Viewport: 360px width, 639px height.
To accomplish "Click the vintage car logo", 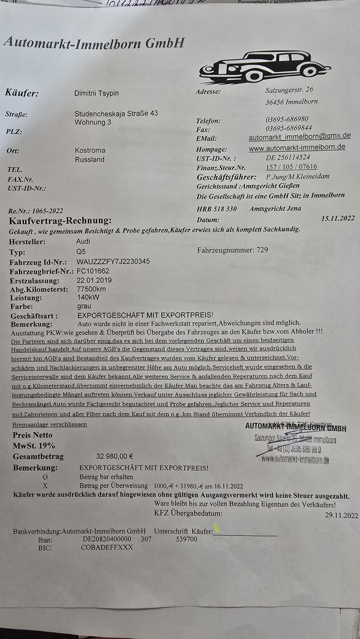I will (265, 67).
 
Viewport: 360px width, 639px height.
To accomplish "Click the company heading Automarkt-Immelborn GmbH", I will (94, 43).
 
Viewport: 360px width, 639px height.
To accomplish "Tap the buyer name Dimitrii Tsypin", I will (96, 93).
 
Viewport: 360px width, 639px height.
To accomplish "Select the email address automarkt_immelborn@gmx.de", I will (300, 136).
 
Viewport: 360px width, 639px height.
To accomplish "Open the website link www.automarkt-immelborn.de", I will (297, 148).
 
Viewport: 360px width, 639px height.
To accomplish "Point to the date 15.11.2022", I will (338, 218).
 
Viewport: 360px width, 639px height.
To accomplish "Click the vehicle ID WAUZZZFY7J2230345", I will (113, 262).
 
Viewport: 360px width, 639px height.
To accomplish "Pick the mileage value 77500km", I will (91, 289).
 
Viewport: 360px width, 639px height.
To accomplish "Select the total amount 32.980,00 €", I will (114, 456).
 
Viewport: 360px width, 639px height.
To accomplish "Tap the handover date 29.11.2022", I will (342, 515).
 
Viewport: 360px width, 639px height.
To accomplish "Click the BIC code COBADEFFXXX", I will (107, 547).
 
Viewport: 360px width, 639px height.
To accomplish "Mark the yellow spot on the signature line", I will (217, 527).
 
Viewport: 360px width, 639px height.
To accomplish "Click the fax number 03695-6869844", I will (289, 128).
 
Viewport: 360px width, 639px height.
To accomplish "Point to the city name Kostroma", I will (90, 150).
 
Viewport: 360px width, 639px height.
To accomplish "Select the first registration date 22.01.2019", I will (94, 280).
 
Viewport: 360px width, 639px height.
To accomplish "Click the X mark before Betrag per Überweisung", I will (45, 485).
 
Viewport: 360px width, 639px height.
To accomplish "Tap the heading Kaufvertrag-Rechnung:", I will (60, 221).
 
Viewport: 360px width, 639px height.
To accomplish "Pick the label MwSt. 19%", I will (34, 445).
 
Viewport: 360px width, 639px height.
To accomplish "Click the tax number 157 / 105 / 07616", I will (292, 167).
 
